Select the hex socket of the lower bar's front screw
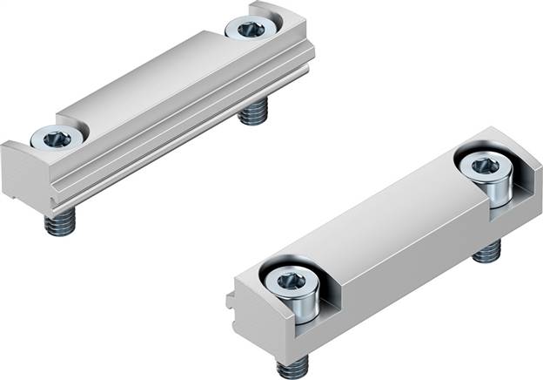click(287, 281)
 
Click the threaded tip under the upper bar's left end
click(58, 225)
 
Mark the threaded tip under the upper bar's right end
click(254, 113)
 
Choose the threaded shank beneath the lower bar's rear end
click(488, 253)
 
